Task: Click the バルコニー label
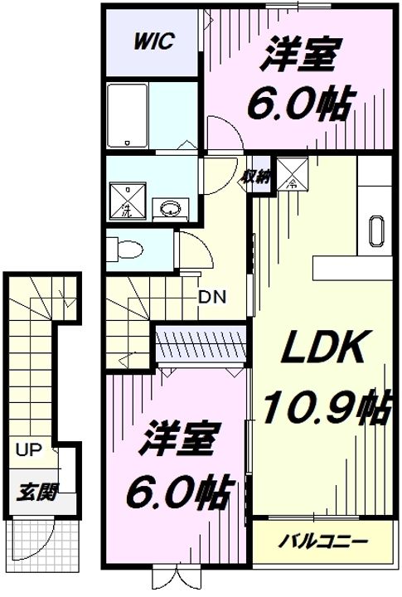point(322,541)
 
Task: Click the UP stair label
point(28,450)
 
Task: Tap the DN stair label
point(212,297)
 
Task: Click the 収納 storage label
point(257,177)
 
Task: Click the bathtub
point(127,116)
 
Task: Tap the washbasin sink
point(171,209)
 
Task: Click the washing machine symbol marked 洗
point(128,201)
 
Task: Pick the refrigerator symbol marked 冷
point(293,173)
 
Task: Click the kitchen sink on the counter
point(375,231)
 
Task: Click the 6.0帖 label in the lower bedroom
point(179,493)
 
